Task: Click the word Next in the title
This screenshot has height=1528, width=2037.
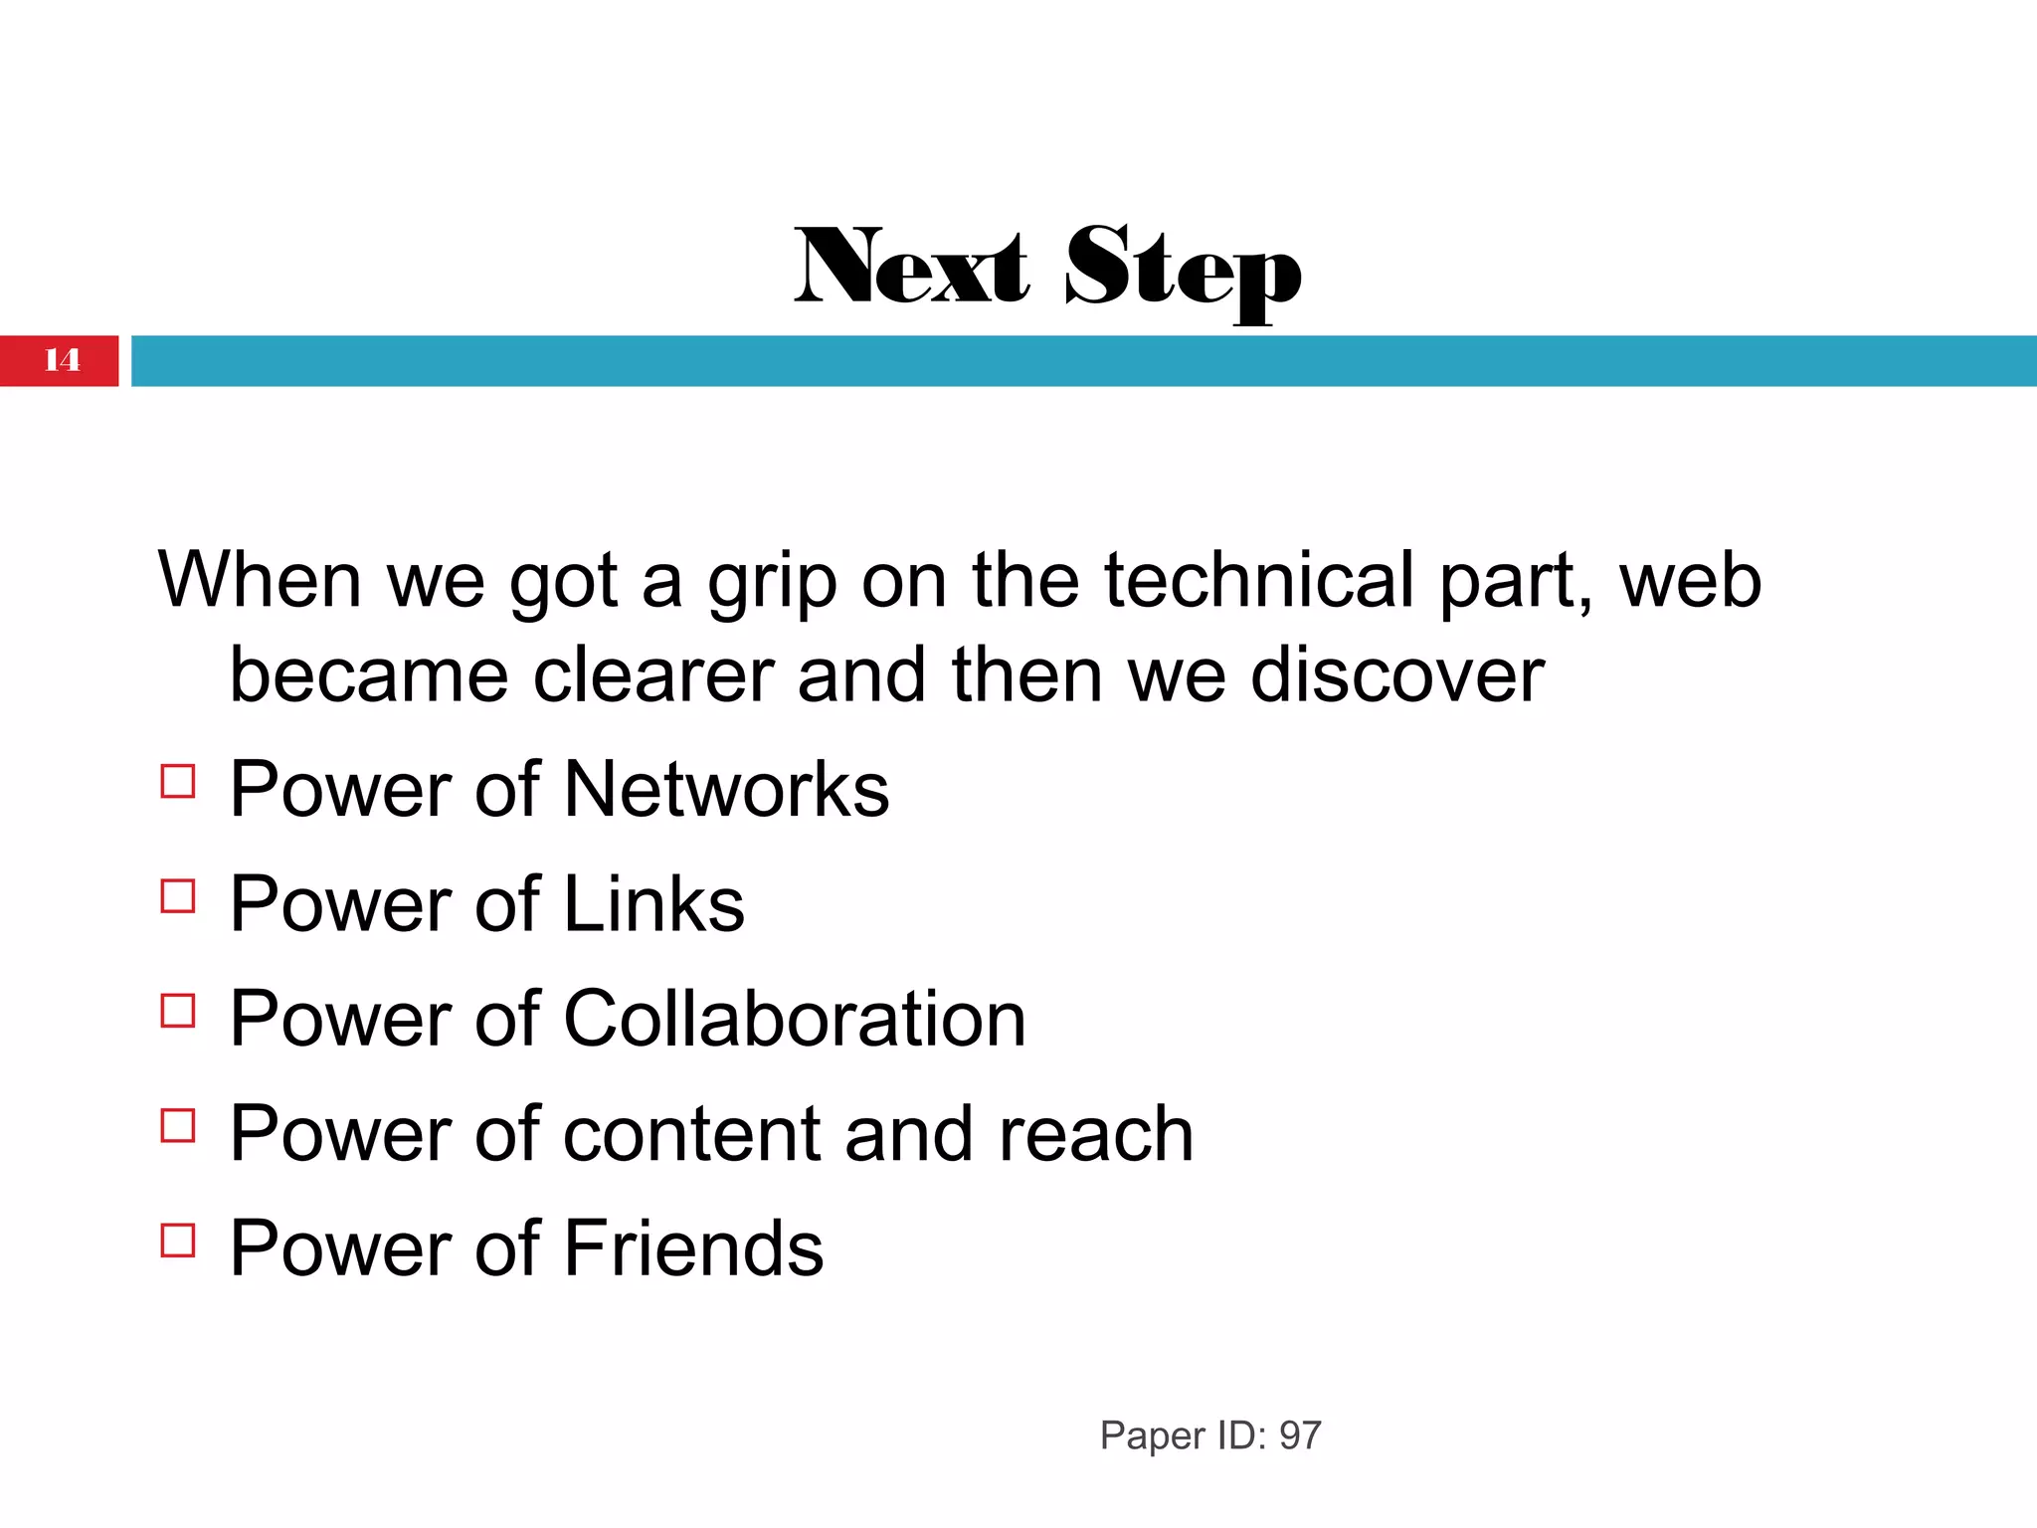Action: [911, 267]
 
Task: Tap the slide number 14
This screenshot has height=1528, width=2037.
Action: [62, 360]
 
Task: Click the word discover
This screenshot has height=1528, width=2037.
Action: [1396, 675]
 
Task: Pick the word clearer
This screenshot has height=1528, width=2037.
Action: [653, 675]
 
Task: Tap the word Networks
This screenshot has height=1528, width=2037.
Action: [726, 790]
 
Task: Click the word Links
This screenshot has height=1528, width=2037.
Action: [653, 904]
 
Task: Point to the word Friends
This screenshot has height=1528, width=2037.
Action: [693, 1248]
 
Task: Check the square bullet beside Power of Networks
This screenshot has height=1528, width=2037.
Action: [178, 781]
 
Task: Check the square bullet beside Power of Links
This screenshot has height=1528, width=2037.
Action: [178, 896]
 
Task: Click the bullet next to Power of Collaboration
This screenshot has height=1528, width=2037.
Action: [178, 1011]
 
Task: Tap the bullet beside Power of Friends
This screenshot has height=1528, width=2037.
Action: [178, 1241]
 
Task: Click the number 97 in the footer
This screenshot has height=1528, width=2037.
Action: [1299, 1435]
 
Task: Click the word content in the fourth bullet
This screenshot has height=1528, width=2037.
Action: [692, 1134]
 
